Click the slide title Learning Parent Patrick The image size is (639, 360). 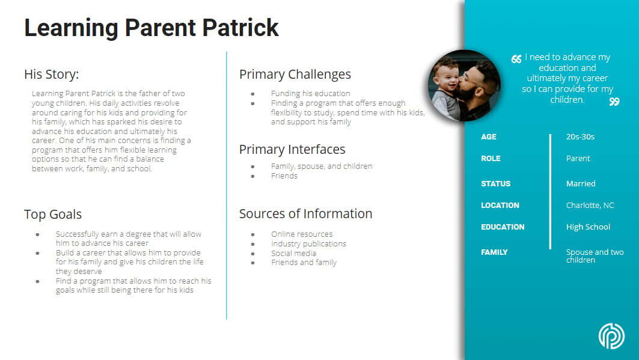151,28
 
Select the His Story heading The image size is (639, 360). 51,75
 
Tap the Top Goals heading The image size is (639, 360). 53,215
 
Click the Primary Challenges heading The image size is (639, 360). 295,75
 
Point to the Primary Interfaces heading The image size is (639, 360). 292,150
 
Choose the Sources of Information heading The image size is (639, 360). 305,214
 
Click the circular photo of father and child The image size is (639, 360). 464,86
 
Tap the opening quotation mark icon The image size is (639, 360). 516,59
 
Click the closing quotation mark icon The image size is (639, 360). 614,102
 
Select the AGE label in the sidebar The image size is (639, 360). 489,137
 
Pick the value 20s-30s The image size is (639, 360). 580,137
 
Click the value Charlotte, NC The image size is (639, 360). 590,206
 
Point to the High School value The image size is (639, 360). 588,227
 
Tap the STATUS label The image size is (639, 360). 495,184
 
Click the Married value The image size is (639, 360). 581,184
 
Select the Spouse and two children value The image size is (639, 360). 595,256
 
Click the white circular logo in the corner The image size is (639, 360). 611,336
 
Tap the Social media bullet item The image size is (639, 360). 293,253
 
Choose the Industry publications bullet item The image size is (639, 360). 308,244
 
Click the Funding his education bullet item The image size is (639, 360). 310,94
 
